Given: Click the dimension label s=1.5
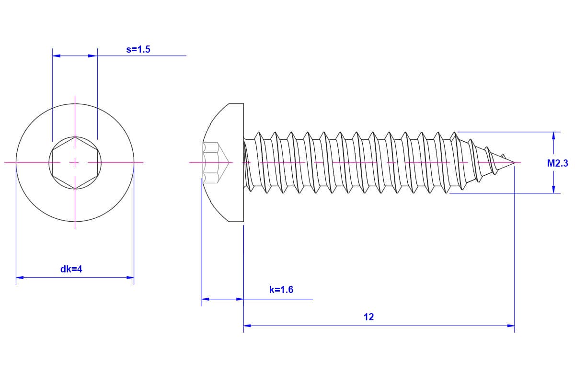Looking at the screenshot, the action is pos(138,49).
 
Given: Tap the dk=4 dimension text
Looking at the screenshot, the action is pos(71,269).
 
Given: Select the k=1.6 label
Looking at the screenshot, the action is pos(281,290).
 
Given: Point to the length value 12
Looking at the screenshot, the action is pos(368,317).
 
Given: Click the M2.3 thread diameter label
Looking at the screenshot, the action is pos(558,163).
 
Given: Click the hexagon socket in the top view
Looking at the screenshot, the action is pos(75,163).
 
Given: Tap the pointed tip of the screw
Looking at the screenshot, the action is pos(515,162).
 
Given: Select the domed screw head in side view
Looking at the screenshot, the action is pos(223,163).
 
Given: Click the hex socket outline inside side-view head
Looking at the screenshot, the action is pos(216,163).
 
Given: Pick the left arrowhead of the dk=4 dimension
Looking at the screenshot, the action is pos(20,278).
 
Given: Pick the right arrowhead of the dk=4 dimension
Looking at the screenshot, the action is pos(130,278).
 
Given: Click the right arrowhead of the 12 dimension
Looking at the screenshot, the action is pos(511,326).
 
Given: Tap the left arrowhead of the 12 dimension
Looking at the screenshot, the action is pos(247,326).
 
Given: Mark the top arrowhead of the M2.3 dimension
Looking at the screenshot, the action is pos(553,135).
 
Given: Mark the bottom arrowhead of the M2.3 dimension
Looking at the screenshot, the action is pos(553,189).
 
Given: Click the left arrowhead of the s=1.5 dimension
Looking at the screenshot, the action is pos(57,56).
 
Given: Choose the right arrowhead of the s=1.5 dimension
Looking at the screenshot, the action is pos(93,56).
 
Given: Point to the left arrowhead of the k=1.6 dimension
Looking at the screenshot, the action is pos(206,299).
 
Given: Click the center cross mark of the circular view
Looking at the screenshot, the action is pos(75,163).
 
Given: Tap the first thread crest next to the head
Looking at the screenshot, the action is pos(259,134).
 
